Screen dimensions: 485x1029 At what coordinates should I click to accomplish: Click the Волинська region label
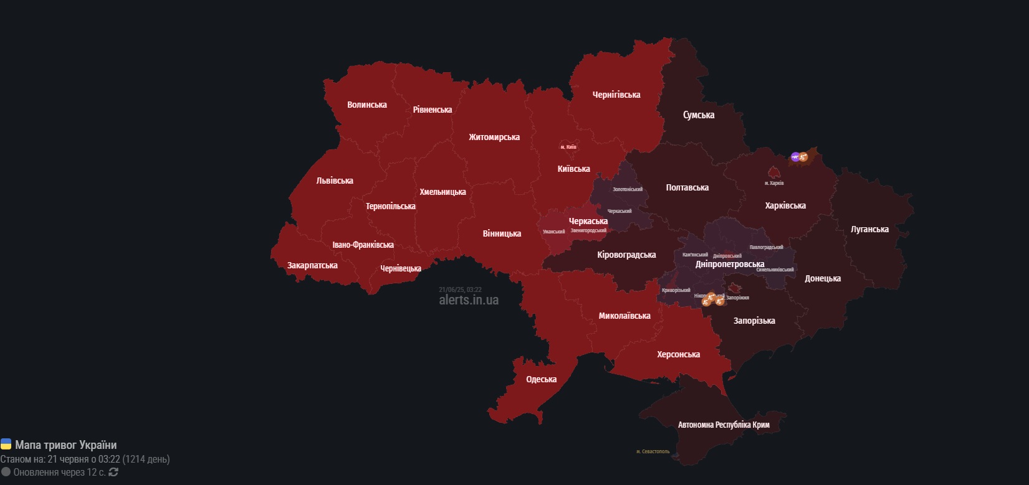click(366, 105)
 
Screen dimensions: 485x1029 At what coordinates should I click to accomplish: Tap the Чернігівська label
click(616, 95)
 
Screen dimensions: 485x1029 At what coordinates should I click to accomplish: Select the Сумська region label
click(698, 115)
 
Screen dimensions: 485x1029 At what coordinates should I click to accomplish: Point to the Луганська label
click(869, 229)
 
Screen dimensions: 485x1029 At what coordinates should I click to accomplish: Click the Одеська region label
click(541, 379)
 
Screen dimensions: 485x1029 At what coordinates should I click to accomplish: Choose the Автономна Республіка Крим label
click(723, 425)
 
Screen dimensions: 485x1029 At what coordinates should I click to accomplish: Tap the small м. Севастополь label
click(653, 451)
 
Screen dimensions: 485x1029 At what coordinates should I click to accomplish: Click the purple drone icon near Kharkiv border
click(795, 157)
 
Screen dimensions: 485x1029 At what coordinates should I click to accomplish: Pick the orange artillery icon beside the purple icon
click(803, 158)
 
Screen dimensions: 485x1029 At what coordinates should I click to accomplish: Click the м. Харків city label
click(774, 183)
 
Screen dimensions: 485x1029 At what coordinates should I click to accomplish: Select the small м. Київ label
click(568, 147)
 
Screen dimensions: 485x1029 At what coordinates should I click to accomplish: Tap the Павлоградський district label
click(766, 247)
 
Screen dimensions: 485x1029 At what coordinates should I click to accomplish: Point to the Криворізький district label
click(676, 290)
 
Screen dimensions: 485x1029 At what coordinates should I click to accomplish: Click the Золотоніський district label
click(627, 189)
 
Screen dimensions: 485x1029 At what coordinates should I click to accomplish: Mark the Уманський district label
click(553, 232)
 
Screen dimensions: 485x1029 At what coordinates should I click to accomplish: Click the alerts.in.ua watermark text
click(469, 300)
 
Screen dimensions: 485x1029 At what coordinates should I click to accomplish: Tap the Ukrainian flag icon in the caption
click(6, 445)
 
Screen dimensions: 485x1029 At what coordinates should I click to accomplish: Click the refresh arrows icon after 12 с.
click(113, 472)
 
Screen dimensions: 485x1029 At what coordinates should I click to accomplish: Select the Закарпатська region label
click(312, 265)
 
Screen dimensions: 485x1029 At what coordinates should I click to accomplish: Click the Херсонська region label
click(678, 354)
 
